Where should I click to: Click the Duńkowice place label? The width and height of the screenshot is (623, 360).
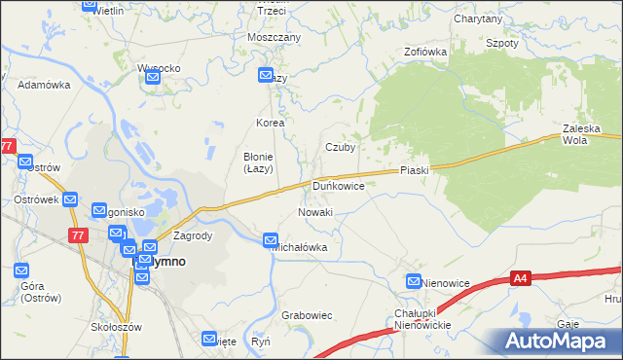click(x=339, y=185)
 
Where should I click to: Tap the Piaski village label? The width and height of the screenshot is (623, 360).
click(x=415, y=170)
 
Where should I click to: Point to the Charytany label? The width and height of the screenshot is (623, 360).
click(x=477, y=18)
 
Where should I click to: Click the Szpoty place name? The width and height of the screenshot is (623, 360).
click(x=501, y=44)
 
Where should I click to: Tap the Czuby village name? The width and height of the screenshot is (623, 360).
click(x=340, y=148)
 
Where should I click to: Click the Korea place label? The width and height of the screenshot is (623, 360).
click(x=270, y=124)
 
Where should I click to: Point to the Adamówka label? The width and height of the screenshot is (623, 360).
click(x=45, y=85)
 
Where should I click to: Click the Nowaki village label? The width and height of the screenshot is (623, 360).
click(x=315, y=212)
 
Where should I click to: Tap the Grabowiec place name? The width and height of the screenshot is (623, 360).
click(x=307, y=315)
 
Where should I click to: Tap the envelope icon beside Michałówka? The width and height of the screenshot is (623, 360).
click(x=271, y=240)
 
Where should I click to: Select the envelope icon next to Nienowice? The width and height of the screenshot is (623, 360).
click(x=413, y=282)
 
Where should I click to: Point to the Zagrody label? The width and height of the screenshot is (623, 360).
click(x=192, y=235)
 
